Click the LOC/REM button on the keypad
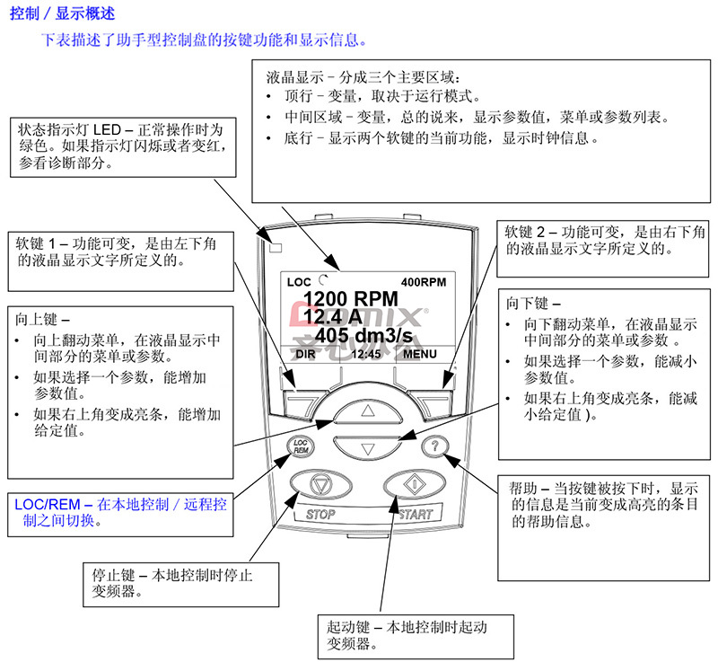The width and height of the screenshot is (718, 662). (300, 446)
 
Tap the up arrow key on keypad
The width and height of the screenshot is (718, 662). (368, 410)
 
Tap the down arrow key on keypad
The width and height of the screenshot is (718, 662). (368, 447)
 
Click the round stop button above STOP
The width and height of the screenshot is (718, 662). (321, 484)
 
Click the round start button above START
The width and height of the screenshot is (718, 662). (415, 484)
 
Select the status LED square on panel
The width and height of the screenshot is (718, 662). (276, 248)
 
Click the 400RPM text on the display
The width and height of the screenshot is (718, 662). (424, 282)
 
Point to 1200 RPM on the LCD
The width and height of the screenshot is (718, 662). (351, 299)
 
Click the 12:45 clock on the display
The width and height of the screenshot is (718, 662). (366, 354)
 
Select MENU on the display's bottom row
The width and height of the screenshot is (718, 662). (420, 354)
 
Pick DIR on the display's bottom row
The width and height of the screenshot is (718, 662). (305, 354)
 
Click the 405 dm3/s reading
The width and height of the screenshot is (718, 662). (364, 335)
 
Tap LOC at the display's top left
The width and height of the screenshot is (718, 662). (299, 282)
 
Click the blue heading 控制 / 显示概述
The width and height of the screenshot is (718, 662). (62, 13)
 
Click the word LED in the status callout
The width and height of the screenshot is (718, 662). (107, 129)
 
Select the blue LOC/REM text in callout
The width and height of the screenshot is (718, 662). (48, 505)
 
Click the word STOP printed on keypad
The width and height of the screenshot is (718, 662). (320, 515)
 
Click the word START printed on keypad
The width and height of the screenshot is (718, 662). (416, 515)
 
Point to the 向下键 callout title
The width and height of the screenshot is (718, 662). (532, 304)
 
